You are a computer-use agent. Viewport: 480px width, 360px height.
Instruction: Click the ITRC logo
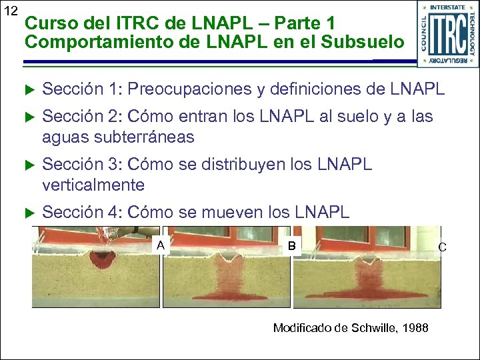(447, 34)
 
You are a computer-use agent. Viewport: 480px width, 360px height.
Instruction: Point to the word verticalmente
(93, 184)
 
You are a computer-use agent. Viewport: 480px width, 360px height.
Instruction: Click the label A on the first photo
(160, 245)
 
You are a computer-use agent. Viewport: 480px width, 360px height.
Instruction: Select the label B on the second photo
(291, 245)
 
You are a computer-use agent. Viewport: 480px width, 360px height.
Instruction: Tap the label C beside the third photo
(441, 247)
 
